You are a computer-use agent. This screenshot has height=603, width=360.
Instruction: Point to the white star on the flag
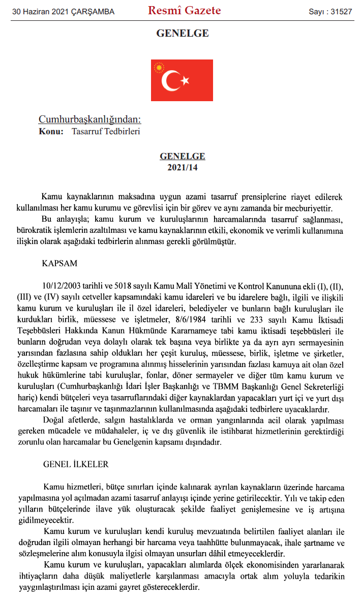click(x=185, y=80)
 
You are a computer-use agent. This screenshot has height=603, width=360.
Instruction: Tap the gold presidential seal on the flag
click(x=161, y=68)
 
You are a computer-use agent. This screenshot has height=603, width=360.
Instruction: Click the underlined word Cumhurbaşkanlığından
click(x=89, y=120)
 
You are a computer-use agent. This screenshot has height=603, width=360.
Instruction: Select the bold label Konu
click(x=51, y=131)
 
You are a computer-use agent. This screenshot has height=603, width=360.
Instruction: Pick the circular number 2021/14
click(x=182, y=167)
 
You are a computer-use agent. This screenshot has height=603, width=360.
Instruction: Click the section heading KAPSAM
click(x=60, y=264)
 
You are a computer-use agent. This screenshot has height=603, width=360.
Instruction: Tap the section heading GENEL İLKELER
click(x=76, y=465)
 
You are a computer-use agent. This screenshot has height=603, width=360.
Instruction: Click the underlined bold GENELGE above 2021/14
click(x=182, y=157)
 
